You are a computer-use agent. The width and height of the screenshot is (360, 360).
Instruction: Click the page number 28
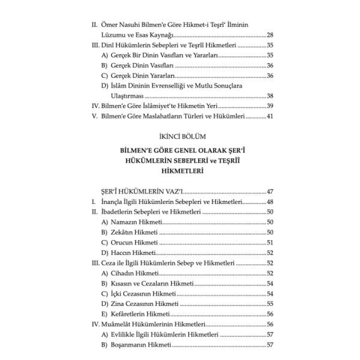269,35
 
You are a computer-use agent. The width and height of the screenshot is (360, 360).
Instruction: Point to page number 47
269,191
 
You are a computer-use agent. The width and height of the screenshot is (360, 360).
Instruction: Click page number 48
269,202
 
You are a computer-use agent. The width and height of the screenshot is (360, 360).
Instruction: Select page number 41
269,116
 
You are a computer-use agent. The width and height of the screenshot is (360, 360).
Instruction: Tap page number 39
269,106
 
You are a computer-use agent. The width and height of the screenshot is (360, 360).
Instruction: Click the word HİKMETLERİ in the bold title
179,171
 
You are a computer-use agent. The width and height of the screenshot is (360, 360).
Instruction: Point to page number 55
269,304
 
